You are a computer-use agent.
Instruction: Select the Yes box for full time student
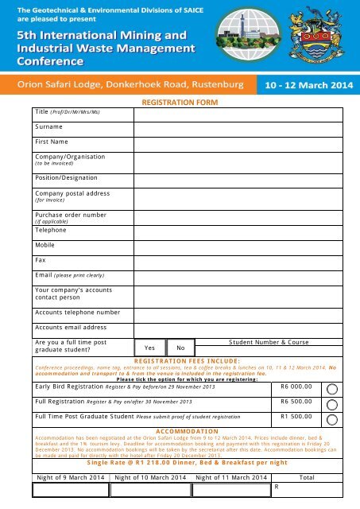pyautogui.click(x=149, y=348)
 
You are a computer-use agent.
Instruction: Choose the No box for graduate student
pyautogui.click(x=181, y=348)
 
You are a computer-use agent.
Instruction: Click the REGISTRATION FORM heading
pyautogui.click(x=180, y=103)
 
